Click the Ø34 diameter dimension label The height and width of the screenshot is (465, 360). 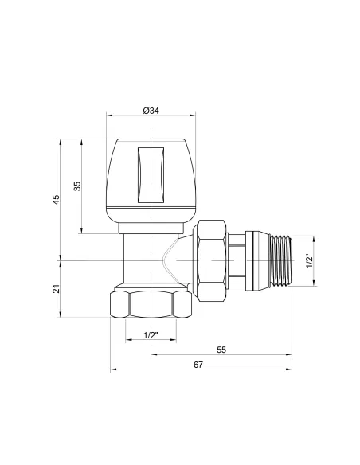pyautogui.click(x=151, y=111)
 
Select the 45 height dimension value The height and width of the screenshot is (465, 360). pyautogui.click(x=57, y=199)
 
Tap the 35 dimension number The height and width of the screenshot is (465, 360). pyautogui.click(x=77, y=186)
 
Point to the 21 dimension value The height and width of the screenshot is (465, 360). pyautogui.click(x=57, y=288)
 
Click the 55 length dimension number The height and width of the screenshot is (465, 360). pyautogui.click(x=221, y=350)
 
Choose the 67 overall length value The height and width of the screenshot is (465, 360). pyautogui.click(x=198, y=365)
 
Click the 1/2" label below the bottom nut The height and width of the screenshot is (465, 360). pyautogui.click(x=151, y=335)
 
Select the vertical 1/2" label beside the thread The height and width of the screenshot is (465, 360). pyautogui.click(x=309, y=261)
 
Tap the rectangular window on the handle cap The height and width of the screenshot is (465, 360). pyautogui.click(x=151, y=175)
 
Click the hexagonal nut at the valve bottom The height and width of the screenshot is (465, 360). pyautogui.click(x=151, y=305)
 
